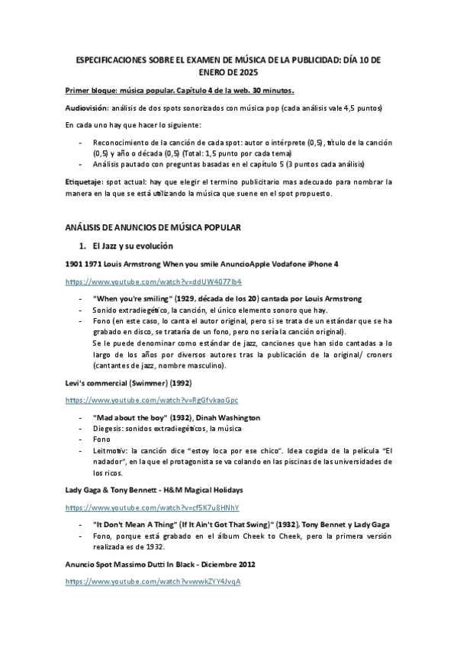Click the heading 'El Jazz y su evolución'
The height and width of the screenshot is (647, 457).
pyautogui.click(x=133, y=246)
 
